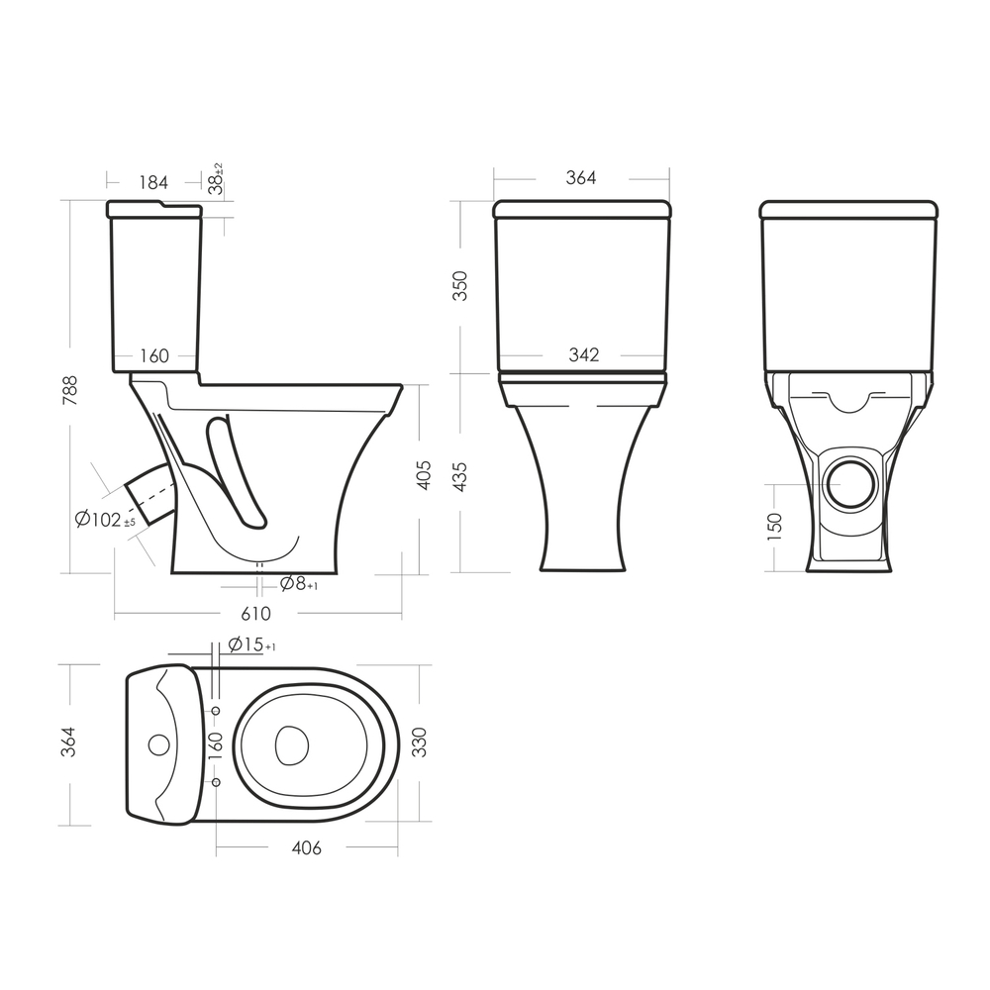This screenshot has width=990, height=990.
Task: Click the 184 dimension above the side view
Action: [153, 182]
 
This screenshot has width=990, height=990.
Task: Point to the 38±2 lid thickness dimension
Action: [217, 178]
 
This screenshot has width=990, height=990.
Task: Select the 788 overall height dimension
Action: [69, 390]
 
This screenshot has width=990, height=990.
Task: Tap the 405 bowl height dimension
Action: [424, 475]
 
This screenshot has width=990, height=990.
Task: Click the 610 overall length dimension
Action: [255, 613]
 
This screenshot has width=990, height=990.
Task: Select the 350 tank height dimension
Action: [461, 285]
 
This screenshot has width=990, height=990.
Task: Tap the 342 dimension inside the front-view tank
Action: [583, 354]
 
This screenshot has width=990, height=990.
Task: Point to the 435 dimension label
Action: [461, 477]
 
